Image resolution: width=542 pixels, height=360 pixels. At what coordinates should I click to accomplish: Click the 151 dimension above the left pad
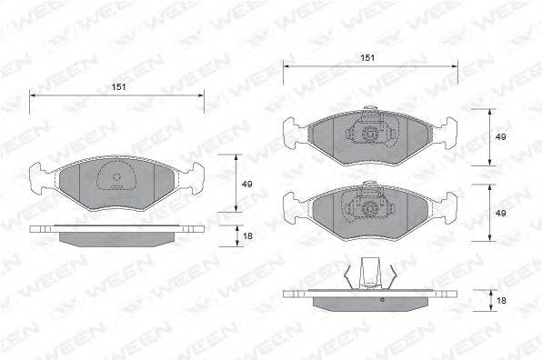(118, 87)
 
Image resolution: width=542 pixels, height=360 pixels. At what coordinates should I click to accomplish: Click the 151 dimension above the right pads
(367, 57)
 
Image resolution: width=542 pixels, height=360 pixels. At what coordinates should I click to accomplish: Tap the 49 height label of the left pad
(246, 185)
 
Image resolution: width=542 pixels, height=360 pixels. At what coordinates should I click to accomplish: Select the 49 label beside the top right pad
(500, 136)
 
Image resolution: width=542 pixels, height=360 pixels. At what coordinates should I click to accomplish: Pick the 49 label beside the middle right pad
(500, 213)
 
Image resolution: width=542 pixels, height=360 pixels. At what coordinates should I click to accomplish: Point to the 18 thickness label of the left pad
(247, 236)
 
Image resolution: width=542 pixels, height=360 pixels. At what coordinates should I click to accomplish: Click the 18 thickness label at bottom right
(501, 301)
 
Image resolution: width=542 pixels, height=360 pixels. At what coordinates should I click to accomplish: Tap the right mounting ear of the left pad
(194, 178)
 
